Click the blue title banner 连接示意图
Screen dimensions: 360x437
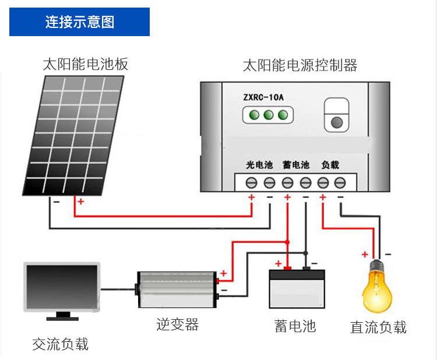(x=80, y=22)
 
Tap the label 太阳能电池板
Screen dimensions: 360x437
(x=85, y=63)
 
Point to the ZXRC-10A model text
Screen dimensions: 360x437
(x=264, y=97)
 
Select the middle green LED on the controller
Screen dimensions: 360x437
(x=268, y=115)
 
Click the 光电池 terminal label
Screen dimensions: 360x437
(x=259, y=165)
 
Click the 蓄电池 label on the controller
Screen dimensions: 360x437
(x=296, y=165)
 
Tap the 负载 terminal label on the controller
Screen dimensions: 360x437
(x=330, y=165)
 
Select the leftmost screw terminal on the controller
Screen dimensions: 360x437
(x=252, y=183)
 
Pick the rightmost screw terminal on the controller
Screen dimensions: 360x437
(x=340, y=183)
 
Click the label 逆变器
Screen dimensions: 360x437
(x=178, y=324)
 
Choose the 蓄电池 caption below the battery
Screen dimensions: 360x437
(x=295, y=326)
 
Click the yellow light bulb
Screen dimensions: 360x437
(x=378, y=288)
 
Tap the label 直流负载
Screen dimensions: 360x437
(x=378, y=327)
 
